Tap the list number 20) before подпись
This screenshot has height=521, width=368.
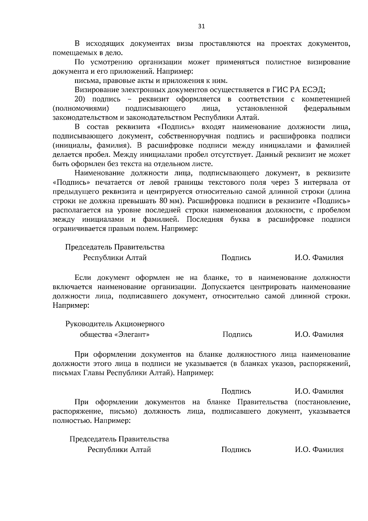coord(81,99)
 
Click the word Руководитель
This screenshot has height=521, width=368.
coord(89,324)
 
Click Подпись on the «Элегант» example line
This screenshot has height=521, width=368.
coord(237,334)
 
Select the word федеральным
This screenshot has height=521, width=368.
coord(327,108)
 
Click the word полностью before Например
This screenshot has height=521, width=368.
coord(72,420)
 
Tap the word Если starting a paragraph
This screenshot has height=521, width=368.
coord(83,278)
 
